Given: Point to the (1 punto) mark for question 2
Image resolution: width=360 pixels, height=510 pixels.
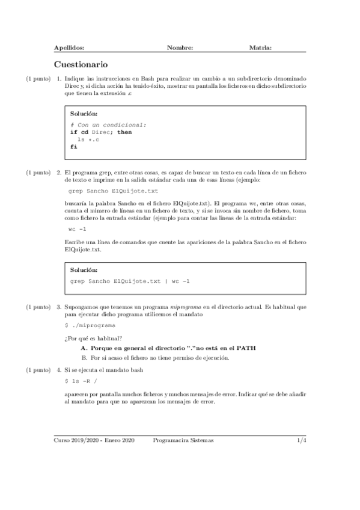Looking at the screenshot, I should pyautogui.click(x=37, y=173).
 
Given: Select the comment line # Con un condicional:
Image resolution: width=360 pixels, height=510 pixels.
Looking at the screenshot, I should pyautogui.click(x=108, y=124).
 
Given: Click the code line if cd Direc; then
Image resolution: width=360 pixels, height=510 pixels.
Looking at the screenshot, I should pyautogui.click(x=101, y=132).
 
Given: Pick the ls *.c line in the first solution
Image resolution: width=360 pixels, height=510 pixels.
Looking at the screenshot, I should pyautogui.click(x=88, y=139).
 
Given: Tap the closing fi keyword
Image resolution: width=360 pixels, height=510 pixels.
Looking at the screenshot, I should pyautogui.click(x=73, y=146).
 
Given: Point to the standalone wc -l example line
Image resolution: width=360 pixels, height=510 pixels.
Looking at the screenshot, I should pyautogui.click(x=78, y=229).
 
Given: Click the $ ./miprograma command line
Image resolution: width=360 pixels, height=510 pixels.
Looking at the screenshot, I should pyautogui.click(x=90, y=324).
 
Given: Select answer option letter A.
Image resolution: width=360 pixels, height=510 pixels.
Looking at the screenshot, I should pyautogui.click(x=84, y=348).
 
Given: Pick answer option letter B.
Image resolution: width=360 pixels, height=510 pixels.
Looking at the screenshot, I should pyautogui.click(x=84, y=357).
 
